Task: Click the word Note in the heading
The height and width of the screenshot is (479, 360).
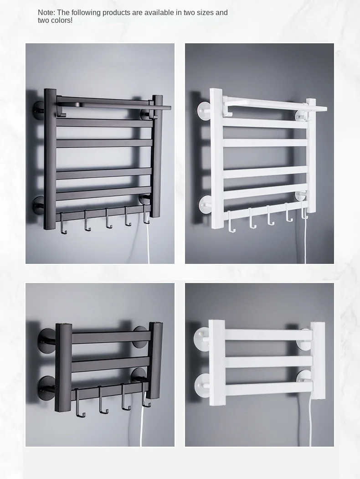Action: click(46, 13)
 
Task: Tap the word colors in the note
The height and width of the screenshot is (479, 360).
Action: click(62, 21)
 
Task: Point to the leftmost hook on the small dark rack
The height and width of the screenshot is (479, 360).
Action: click(79, 403)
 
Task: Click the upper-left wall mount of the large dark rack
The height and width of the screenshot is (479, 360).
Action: click(39, 110)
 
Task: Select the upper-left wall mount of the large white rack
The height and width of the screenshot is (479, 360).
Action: click(202, 110)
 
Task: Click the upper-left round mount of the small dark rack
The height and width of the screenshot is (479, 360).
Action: click(46, 338)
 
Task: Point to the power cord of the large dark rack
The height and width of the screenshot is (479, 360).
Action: click(148, 244)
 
